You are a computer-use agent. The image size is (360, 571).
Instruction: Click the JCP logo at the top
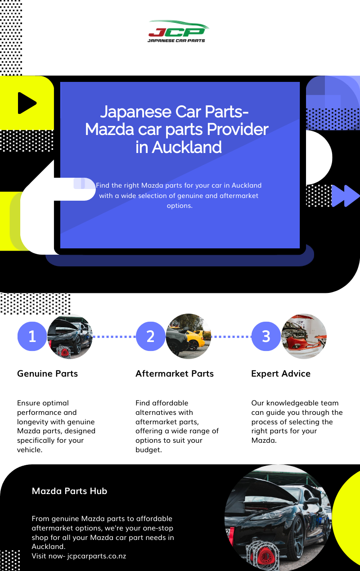tap(178, 31)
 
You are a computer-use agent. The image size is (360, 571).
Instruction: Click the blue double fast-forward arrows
tap(346, 196)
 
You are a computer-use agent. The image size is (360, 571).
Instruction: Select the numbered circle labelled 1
tap(32, 336)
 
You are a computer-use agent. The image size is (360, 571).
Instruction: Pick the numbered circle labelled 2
tap(150, 336)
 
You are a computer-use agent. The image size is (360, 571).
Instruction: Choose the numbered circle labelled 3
tap(266, 336)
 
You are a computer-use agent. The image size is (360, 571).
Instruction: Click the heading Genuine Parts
tap(47, 373)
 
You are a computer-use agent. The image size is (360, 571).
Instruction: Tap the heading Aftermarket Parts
tap(175, 373)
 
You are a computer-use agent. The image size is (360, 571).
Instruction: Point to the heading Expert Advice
tap(281, 373)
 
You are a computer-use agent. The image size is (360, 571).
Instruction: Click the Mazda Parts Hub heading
tap(69, 491)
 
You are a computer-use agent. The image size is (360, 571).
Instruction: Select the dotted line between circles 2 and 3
tap(231, 336)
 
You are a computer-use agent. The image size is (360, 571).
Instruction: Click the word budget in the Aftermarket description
tap(148, 450)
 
